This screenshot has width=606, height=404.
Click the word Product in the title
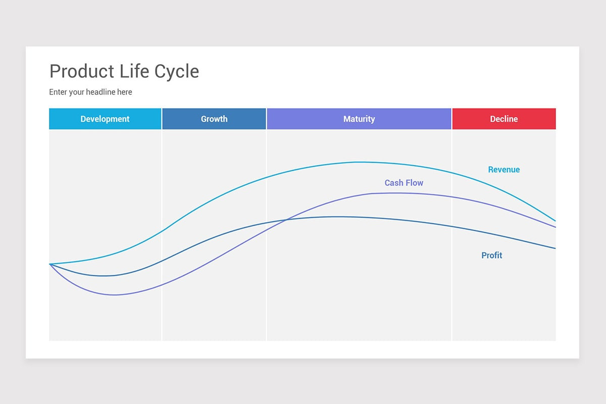(x=81, y=71)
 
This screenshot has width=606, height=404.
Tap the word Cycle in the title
(x=177, y=72)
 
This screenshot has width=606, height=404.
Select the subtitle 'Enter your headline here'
(x=90, y=92)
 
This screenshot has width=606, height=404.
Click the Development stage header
(x=105, y=119)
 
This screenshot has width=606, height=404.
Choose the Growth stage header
(x=214, y=119)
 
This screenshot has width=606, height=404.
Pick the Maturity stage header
(x=359, y=119)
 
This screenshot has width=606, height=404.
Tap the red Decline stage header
(x=504, y=119)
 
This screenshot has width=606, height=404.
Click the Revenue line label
(x=503, y=170)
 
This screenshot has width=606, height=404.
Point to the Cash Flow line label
(x=404, y=183)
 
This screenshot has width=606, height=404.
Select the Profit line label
(x=491, y=256)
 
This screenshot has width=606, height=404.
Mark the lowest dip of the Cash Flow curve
(x=115, y=295)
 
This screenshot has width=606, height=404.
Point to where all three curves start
(x=50, y=264)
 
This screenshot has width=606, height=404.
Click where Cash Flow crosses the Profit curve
(x=287, y=220)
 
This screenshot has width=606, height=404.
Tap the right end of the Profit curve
(x=555, y=248)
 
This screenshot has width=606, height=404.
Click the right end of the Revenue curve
(x=555, y=221)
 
